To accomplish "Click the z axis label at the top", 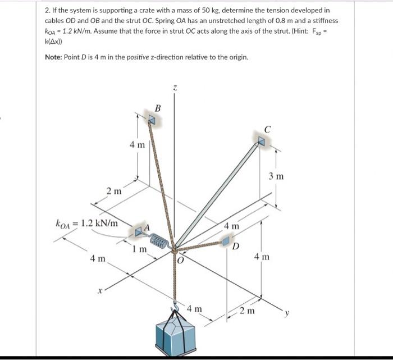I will tap(175, 88).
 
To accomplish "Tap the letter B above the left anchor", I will tap(158, 108).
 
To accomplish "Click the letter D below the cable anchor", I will tap(236, 247).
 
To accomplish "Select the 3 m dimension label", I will tap(276, 176).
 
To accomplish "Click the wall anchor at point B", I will tap(152, 119).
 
